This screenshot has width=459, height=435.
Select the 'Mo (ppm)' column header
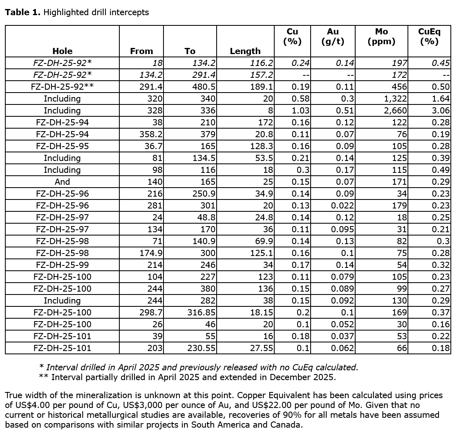381,36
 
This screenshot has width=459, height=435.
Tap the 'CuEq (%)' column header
429,36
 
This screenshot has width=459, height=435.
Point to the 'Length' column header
245,51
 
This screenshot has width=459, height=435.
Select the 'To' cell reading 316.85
202,313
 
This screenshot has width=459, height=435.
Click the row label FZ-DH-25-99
62,265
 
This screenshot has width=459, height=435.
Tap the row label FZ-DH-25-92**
62,87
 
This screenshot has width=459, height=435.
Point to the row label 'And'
62,182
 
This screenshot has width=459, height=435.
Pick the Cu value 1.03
301,111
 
